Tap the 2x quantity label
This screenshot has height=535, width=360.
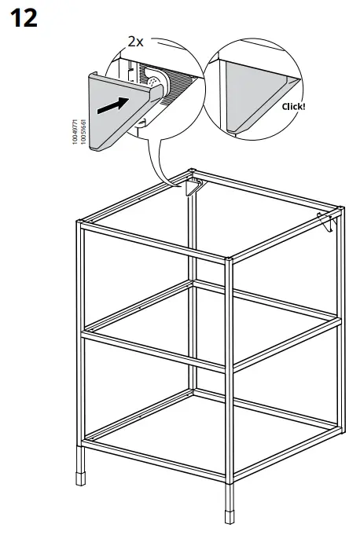pyautogui.click(x=136, y=42)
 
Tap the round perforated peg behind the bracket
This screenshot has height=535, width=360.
pyautogui.click(x=154, y=81)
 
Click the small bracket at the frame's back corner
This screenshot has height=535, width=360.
pyautogui.click(x=192, y=186)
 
